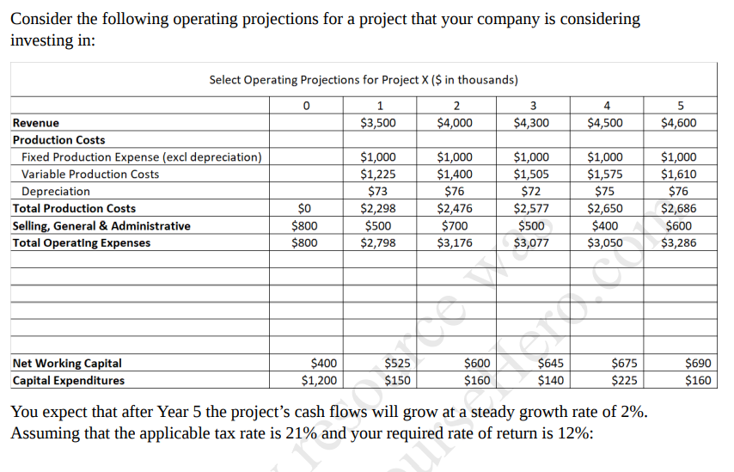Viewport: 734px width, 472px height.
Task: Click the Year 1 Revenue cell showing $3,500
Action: pos(378,123)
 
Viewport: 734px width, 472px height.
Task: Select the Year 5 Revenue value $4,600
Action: pos(679,123)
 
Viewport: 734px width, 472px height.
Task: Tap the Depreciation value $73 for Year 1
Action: pos(378,192)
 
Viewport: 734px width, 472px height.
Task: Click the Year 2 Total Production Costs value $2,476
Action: pos(455,209)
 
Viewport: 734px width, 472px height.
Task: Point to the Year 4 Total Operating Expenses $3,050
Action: pos(605,243)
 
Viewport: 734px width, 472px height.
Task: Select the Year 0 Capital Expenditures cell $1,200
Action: pos(319,380)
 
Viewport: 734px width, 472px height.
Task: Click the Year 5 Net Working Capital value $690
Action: pos(696,363)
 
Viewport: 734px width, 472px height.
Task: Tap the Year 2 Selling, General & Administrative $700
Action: pos(455,226)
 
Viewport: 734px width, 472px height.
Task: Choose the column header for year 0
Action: pos(306,106)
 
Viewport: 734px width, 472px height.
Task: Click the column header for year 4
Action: pos(608,106)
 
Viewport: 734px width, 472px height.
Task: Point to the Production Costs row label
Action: pos(59,140)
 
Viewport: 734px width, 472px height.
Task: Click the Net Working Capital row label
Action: pos(67,363)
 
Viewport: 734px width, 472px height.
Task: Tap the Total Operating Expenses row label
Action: pos(82,243)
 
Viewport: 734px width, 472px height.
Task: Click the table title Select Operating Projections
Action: pos(364,80)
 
